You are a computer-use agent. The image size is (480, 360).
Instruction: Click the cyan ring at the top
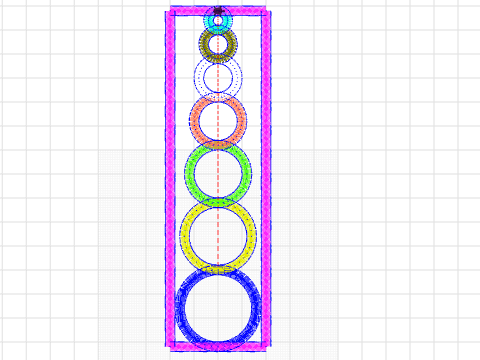(x=209, y=20)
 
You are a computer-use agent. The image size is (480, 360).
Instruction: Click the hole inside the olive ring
(x=218, y=43)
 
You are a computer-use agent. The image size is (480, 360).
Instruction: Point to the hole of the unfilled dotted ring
(x=218, y=76)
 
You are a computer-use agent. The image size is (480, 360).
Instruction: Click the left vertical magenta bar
(x=169, y=180)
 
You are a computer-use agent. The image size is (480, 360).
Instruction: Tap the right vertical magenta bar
(x=267, y=180)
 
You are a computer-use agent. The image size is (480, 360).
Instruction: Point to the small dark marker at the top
(x=218, y=12)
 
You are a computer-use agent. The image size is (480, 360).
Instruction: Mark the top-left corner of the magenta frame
(x=169, y=11)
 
